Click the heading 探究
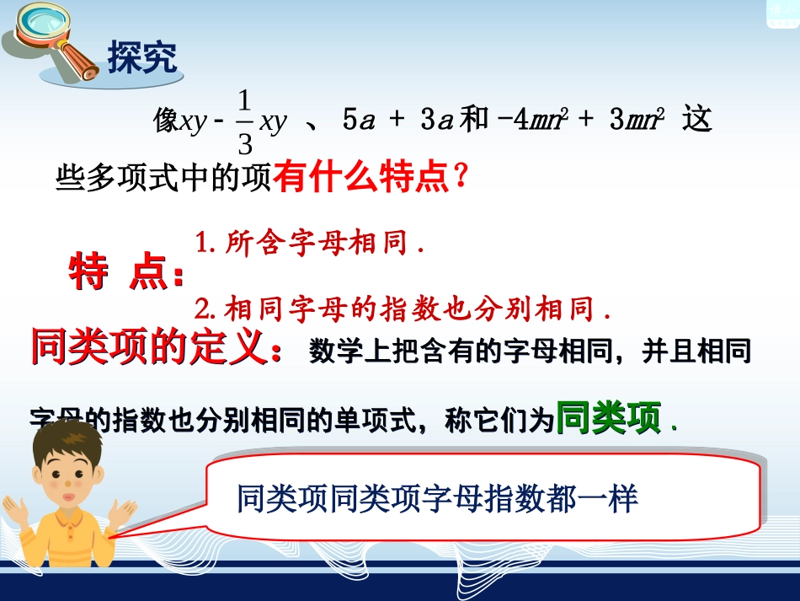point(142,58)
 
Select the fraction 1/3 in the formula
point(244,123)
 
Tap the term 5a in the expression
point(357,121)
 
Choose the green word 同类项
point(609,417)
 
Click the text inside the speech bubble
point(438,499)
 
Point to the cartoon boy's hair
point(67,443)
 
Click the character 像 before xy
point(165,121)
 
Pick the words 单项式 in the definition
point(354,419)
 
